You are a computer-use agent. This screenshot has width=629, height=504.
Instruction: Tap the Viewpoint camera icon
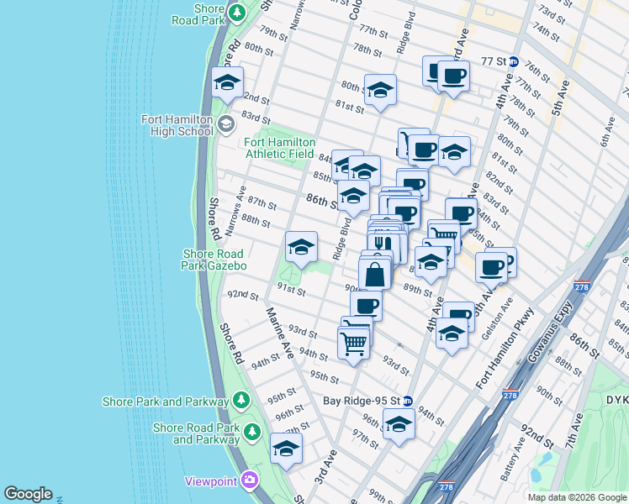tap(249, 480)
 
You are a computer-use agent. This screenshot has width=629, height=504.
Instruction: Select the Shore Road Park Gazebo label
tap(214, 260)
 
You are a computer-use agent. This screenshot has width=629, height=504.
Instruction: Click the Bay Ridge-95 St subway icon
tap(407, 401)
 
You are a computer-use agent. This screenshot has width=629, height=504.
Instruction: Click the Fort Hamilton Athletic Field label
tap(280, 148)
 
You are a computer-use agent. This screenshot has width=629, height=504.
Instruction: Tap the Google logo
tap(28, 494)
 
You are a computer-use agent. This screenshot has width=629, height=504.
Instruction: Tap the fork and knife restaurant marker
tap(380, 244)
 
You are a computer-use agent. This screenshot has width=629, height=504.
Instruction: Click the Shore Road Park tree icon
tap(237, 13)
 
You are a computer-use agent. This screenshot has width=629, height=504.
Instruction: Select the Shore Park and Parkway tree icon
tap(241, 398)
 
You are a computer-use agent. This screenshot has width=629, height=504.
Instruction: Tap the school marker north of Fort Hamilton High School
tap(227, 83)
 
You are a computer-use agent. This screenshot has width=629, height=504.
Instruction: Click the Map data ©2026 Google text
tap(576, 497)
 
